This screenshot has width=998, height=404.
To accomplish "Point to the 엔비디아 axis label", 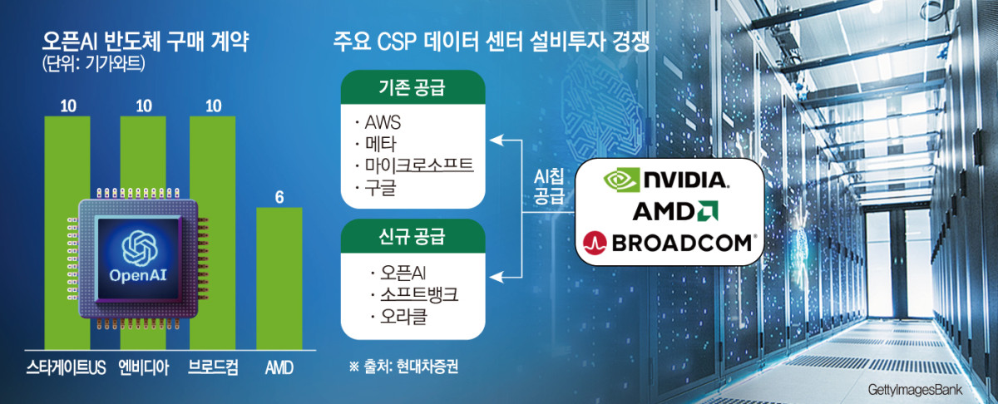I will pyautogui.click(x=142, y=367).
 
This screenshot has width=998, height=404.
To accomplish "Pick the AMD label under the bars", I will pyautogui.click(x=279, y=367).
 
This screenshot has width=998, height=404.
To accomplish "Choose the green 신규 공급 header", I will pyautogui.click(x=413, y=238).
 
